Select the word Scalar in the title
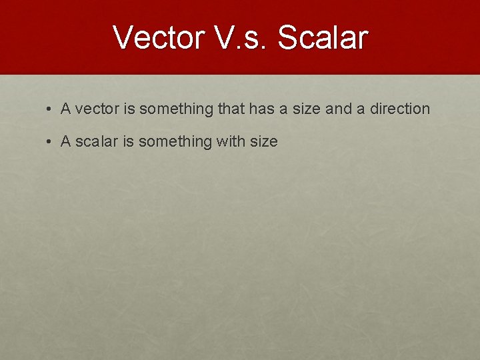(322, 38)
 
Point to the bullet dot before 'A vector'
(51, 109)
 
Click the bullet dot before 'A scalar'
(51, 141)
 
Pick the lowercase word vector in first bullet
(94, 109)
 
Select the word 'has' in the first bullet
(261, 109)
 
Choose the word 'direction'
(399, 109)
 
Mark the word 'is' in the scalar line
(127, 141)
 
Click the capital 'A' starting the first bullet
(65, 109)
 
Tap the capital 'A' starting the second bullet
(65, 141)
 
